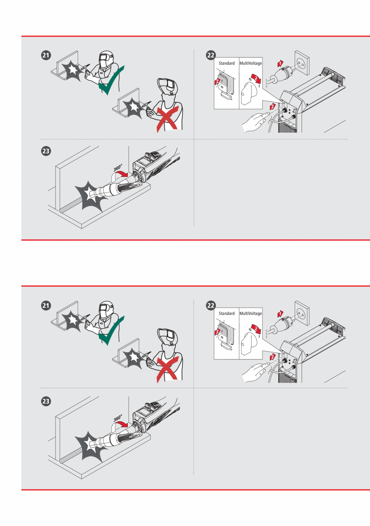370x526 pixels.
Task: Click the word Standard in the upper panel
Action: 227,64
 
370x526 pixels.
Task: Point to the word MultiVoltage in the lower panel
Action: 250,313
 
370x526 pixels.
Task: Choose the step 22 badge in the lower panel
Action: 210,305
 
